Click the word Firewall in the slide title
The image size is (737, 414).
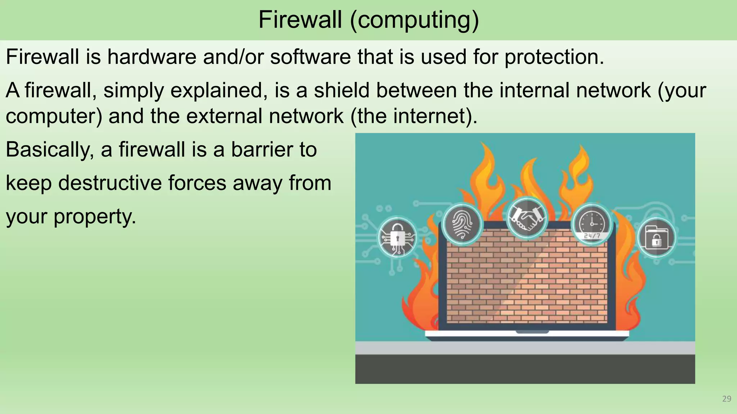coord(300,19)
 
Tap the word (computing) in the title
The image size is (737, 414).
coord(414,20)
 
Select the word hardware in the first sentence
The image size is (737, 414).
coord(152,57)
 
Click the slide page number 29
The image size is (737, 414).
coord(727,399)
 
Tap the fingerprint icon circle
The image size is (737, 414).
coord(462,224)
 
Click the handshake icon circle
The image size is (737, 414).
coord(527,218)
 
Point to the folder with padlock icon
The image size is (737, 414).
coord(656,238)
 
